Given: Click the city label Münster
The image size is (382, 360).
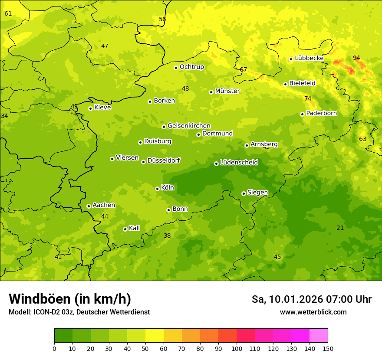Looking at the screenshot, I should click(x=227, y=91).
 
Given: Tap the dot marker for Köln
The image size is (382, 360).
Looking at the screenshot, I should click(x=157, y=189).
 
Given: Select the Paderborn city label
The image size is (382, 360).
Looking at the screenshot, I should click(x=321, y=113).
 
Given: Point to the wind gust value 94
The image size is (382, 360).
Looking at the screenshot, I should click(x=356, y=58).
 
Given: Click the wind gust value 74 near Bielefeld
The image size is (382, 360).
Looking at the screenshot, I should click(x=308, y=98).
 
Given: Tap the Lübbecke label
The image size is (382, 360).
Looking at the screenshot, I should click(x=309, y=58).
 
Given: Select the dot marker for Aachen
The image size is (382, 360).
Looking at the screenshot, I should click(x=89, y=206).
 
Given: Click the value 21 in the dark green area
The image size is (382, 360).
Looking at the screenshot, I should click(x=340, y=228).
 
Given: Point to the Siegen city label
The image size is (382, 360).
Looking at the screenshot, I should click(x=257, y=193).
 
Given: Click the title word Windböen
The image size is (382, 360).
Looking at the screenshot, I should click(x=39, y=299).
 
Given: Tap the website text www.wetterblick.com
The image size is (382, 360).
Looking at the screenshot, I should click(x=313, y=312).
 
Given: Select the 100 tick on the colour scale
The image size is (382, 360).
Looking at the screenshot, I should click(x=237, y=348).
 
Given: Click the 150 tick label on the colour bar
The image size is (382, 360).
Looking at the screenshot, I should click(x=328, y=348).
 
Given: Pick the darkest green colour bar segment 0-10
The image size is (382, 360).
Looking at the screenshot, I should click(x=63, y=336).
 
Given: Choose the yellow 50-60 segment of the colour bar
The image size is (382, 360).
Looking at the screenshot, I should click(x=155, y=336).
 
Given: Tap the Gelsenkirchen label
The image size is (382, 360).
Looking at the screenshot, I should click(x=189, y=126).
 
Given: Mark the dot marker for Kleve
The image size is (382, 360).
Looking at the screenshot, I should click(x=90, y=108).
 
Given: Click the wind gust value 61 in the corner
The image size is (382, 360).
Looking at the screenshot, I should click(x=8, y=13).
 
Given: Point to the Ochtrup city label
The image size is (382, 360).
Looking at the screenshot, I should click(x=191, y=67).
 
